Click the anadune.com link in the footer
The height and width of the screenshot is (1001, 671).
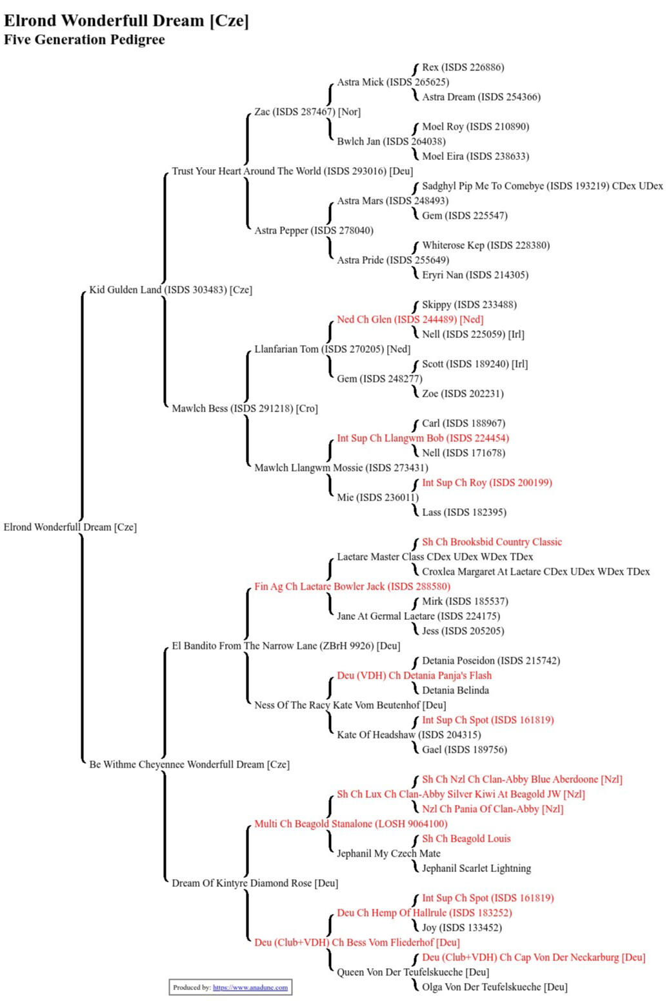(250, 987)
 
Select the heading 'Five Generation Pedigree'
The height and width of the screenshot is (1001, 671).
(84, 40)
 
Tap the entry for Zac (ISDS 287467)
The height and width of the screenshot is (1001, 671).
(307, 112)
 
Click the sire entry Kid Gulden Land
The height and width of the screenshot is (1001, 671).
(170, 290)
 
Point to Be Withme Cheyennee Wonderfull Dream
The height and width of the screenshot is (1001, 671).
(189, 764)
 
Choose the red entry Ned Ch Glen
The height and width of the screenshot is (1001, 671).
(410, 319)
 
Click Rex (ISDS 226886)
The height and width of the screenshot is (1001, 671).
(463, 67)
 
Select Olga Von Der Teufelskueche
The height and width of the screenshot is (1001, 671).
(494, 987)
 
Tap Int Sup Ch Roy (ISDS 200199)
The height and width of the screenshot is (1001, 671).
(486, 482)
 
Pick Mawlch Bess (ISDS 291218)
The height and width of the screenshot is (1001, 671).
(245, 408)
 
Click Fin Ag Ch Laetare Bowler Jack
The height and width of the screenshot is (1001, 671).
(352, 586)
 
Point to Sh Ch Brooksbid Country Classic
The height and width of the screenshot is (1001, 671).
(492, 542)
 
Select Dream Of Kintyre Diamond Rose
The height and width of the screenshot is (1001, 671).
(255, 883)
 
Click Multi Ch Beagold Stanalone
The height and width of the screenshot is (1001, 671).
(350, 824)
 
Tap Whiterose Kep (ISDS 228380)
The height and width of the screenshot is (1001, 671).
(486, 245)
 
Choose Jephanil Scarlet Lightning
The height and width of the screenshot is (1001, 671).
(476, 868)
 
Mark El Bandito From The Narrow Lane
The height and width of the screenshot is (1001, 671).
(286, 646)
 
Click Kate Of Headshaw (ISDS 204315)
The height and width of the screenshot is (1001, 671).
(408, 735)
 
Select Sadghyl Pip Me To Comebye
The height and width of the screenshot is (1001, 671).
(542, 186)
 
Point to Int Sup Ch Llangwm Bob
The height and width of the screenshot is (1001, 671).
(423, 438)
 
